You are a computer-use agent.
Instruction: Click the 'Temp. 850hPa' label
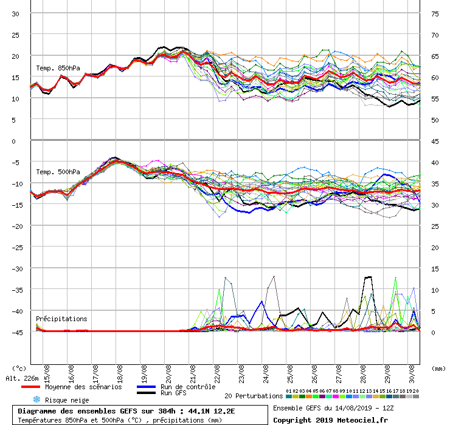58,68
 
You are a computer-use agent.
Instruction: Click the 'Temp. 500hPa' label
58,172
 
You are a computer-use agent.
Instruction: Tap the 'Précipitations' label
61,319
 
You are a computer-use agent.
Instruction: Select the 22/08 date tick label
218,370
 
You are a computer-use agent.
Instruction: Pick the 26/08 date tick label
314,370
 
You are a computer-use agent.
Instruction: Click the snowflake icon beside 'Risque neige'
36,399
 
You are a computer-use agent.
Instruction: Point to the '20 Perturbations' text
254,396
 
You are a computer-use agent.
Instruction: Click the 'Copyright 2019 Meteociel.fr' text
330,420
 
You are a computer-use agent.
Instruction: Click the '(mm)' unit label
437,368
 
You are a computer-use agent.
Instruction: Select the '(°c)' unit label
19,368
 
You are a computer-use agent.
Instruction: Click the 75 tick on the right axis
435,13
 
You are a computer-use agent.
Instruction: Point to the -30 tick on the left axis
17,268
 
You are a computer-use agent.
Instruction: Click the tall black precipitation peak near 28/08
368,277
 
